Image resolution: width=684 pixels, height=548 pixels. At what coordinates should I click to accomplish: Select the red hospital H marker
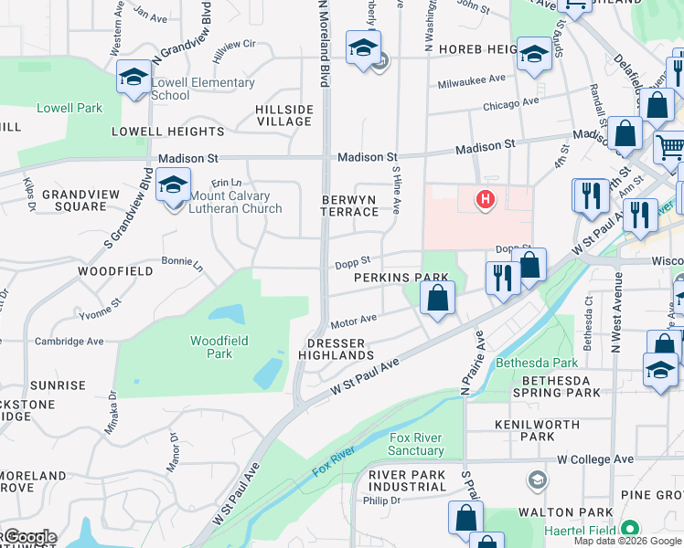tap(486, 198)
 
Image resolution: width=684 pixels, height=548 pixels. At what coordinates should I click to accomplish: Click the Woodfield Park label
tap(212, 347)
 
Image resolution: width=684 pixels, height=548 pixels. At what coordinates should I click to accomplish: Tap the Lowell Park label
tap(69, 108)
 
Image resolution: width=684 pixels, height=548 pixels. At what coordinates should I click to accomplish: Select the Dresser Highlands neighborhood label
tap(337, 349)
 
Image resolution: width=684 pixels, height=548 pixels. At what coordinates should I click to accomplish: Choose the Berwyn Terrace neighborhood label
tap(349, 205)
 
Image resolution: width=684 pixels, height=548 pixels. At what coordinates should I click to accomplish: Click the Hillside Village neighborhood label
tap(284, 115)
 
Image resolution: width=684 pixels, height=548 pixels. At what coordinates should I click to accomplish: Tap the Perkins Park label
tap(401, 277)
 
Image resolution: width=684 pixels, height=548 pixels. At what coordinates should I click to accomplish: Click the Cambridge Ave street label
tap(69, 341)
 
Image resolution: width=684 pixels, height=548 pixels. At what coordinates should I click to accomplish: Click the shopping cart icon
tap(670, 146)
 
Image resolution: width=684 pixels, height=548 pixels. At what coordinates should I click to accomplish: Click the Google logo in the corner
tap(29, 537)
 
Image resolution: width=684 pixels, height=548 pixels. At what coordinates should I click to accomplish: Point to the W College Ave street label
tap(595, 458)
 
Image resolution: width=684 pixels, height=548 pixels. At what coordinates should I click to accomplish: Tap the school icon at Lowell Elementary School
tap(134, 78)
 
